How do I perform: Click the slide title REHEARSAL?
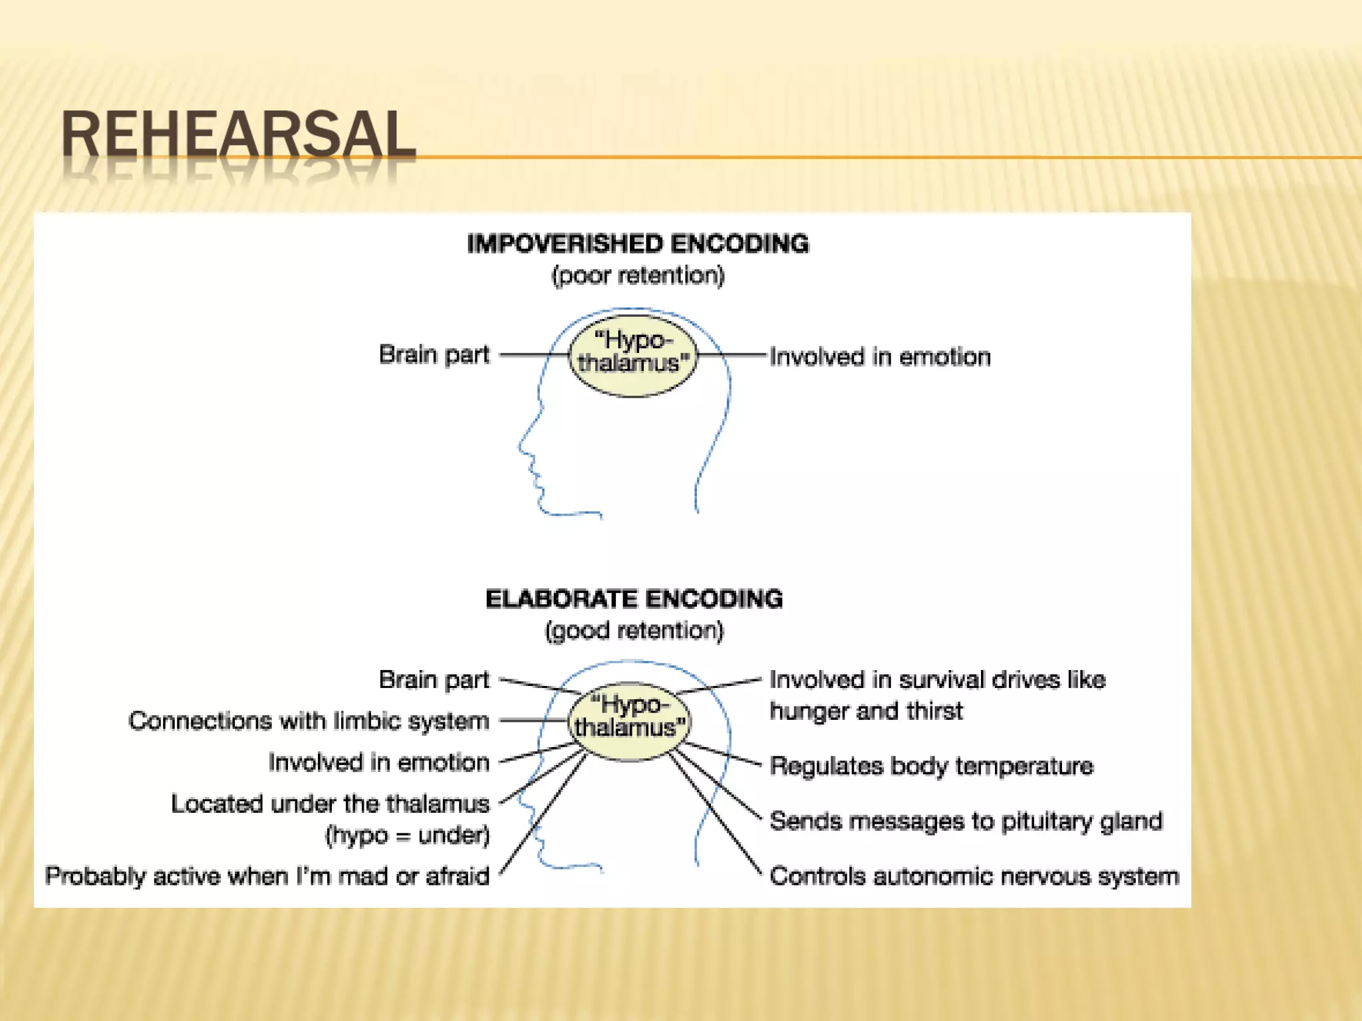(238, 135)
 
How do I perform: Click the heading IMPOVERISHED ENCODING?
(638, 244)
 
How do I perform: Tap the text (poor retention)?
(638, 275)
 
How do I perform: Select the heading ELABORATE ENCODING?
(634, 599)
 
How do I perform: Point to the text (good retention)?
(634, 630)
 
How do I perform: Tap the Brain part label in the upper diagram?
(434, 354)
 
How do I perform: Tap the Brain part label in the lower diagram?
(434, 679)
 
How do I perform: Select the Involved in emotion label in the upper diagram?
(880, 357)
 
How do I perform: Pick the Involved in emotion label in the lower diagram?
(378, 762)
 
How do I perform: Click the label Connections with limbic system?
(309, 721)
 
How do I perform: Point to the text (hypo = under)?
(407, 835)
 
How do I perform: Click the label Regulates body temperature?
(931, 766)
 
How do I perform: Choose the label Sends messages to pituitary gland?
(966, 821)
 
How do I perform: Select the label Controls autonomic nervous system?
(974, 876)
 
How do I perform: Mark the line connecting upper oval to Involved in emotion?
(732, 356)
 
